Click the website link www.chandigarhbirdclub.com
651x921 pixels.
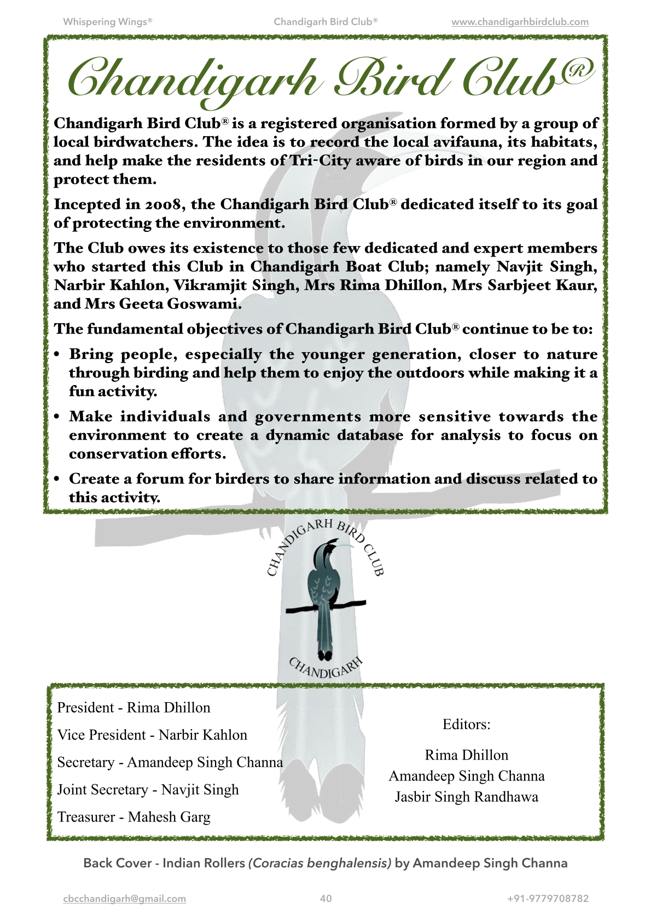(520, 22)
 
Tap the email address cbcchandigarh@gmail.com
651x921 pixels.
(125, 899)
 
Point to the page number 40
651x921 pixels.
(326, 899)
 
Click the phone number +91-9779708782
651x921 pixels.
(548, 899)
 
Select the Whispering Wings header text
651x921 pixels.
(108, 22)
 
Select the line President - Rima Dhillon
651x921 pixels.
(133, 708)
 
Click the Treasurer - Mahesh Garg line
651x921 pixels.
(133, 817)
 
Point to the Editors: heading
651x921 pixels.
(466, 725)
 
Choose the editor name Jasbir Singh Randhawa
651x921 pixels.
(466, 797)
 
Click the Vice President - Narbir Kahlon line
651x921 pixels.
(152, 735)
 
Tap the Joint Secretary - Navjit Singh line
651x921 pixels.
(148, 790)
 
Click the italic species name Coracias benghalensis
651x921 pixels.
(320, 864)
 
